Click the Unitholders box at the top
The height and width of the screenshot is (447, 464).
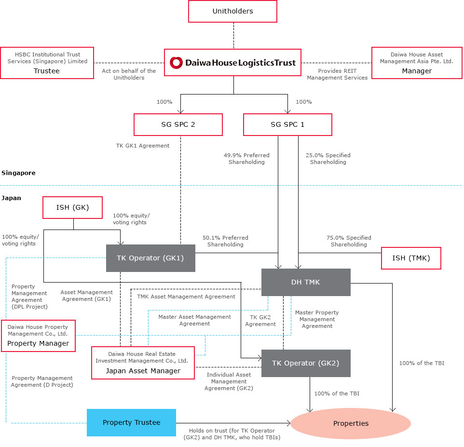coord(232,11)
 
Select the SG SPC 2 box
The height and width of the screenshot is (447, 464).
coord(178,124)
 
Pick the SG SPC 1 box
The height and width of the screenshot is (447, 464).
coord(287,124)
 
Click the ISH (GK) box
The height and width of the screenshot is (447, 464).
coord(72,208)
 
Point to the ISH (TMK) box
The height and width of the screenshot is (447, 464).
coord(411,258)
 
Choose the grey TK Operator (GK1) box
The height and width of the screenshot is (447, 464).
coord(150,258)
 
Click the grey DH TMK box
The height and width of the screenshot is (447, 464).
coord(306,282)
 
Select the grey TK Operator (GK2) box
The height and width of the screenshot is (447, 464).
coord(306,363)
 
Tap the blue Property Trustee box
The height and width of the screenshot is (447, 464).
coord(131,422)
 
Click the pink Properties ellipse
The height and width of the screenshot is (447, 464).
coord(351,423)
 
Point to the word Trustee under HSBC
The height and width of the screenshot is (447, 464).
coord(46,71)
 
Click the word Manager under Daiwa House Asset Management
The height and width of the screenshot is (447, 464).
coord(417,71)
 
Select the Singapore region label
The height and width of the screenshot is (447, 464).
coord(18,173)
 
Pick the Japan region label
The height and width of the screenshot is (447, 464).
coord(11,198)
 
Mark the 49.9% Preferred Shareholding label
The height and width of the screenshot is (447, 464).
coord(246,159)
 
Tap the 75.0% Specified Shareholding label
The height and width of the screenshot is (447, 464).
coord(349,241)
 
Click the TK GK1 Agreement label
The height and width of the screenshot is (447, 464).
coord(143,146)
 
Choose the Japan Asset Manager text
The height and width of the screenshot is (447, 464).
coord(143,371)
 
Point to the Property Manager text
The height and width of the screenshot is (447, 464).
coord(38,343)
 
